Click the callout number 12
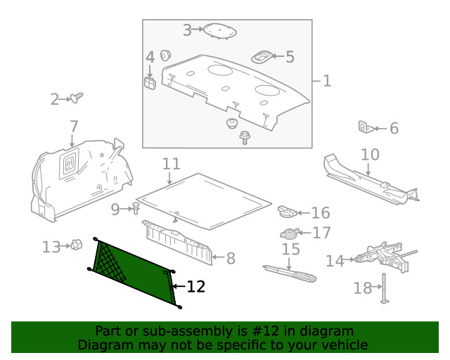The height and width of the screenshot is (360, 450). [196, 286]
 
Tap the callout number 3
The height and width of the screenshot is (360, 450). [187, 30]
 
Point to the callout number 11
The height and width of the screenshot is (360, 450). [171, 164]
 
